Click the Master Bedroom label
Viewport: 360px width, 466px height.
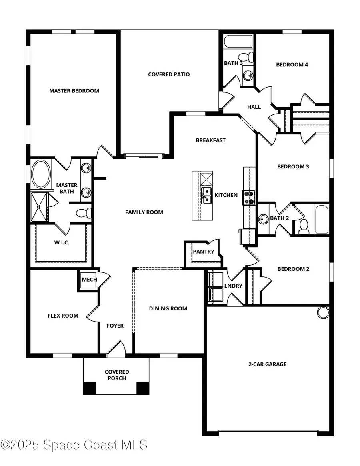(x=74, y=91)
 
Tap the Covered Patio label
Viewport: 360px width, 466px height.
(x=169, y=74)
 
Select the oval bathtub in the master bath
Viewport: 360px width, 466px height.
(x=41, y=174)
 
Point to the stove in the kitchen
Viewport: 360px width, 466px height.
(x=249, y=197)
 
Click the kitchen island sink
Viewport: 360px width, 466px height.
(x=206, y=195)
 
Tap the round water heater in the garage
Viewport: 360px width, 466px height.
(x=323, y=312)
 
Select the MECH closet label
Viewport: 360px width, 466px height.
(x=89, y=280)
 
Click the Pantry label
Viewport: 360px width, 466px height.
(x=204, y=252)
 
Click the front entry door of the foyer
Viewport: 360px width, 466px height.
(x=116, y=349)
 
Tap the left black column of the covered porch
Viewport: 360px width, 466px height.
(x=90, y=388)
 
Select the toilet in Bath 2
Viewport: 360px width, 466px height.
(x=304, y=226)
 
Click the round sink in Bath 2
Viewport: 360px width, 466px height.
(x=263, y=219)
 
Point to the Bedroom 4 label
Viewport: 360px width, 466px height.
(x=292, y=64)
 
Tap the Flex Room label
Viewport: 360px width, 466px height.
(x=63, y=316)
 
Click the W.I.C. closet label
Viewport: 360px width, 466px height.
(x=62, y=243)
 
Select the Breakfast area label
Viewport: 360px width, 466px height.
(x=210, y=140)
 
